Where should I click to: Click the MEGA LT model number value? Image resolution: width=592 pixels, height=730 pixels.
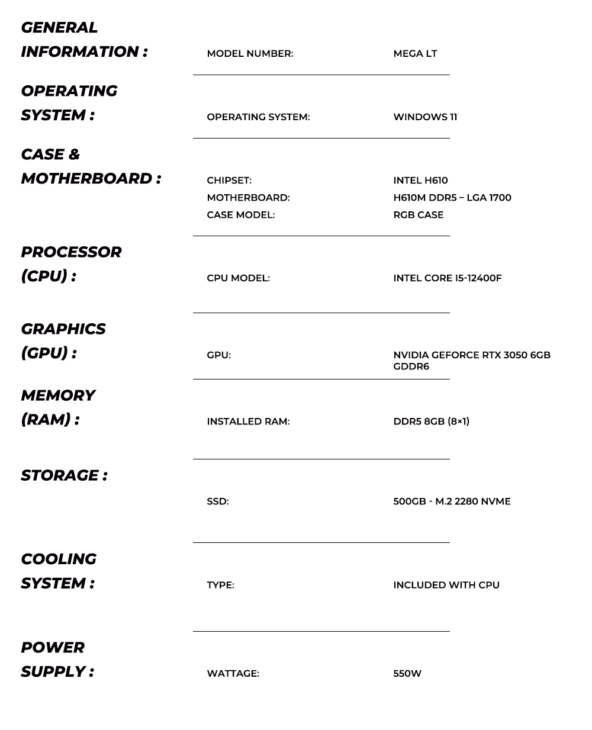415,54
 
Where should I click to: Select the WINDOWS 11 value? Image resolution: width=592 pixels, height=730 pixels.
425,117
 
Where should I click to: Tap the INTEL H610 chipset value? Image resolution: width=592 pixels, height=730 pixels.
420,181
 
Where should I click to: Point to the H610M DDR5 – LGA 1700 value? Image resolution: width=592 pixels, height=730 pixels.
452,198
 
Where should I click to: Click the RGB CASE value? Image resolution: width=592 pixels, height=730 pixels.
418,215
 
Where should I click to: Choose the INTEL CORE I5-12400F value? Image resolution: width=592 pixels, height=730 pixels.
447,278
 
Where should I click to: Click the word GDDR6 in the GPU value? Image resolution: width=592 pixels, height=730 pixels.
411,366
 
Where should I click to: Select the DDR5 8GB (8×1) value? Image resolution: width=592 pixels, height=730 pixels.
431,422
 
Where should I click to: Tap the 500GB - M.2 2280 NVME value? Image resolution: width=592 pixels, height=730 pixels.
452,501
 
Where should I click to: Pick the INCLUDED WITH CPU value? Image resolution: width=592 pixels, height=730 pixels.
446,585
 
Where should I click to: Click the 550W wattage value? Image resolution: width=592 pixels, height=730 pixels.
407,674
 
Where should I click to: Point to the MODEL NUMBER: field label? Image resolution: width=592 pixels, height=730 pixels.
250,54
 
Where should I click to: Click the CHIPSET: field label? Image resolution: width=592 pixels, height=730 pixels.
229,181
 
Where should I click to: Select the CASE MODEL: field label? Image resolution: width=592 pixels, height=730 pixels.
240,215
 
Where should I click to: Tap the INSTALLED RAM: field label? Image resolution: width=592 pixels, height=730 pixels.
248,422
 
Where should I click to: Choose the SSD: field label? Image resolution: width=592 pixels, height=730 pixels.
217,501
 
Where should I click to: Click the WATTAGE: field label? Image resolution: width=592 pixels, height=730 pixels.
233,674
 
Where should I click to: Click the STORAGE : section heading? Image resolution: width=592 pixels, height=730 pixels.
64,475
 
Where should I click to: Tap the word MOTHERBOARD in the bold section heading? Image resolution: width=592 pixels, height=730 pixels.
86,178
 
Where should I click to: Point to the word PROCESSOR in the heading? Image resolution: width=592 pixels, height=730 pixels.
71,252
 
